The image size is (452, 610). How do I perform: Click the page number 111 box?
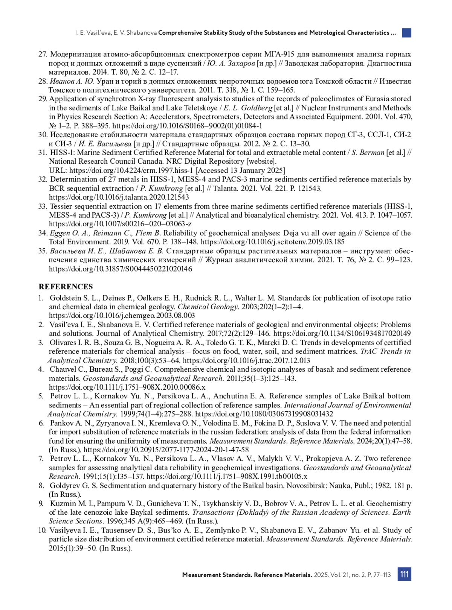click(404, 574)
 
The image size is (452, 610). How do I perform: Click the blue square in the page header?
click(406, 33)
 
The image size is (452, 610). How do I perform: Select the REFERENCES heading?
click(66, 287)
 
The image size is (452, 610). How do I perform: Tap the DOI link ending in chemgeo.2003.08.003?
click(122, 316)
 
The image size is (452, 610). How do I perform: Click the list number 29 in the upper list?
click(43, 99)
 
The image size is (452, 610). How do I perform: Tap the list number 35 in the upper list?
click(43, 251)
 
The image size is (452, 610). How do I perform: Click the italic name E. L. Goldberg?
click(248, 108)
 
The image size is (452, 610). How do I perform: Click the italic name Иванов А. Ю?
click(72, 81)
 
